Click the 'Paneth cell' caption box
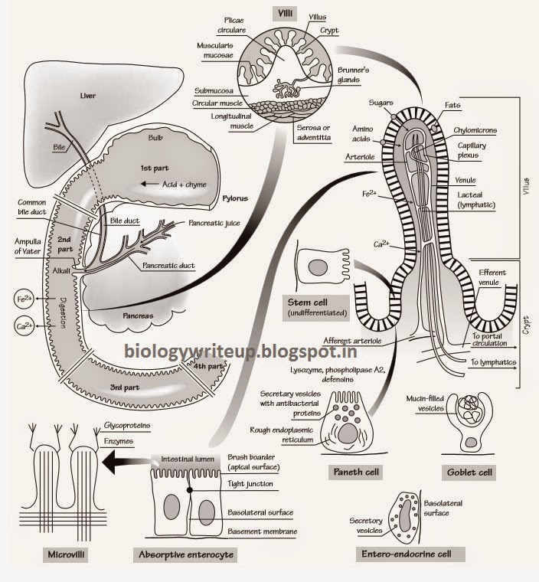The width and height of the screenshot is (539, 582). coord(353,471)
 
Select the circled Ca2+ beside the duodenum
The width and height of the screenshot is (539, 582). coord(24,327)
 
